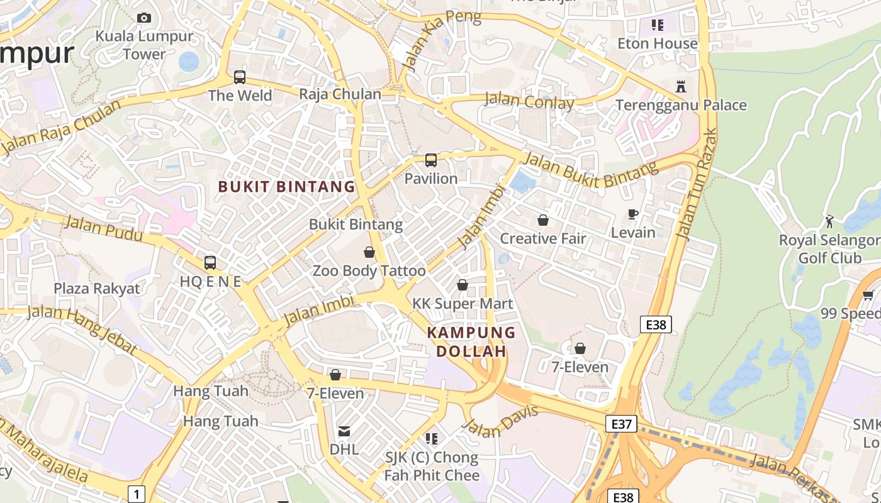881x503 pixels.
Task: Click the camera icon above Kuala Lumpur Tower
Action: pos(144,18)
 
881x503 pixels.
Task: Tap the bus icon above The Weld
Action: pos(239,77)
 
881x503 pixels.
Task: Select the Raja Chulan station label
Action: pos(340,94)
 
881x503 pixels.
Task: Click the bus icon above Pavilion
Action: pos(430,160)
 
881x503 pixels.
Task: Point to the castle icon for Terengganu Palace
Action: pos(680,87)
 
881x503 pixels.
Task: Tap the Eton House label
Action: pos(657,43)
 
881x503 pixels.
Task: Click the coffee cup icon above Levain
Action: pos(633,214)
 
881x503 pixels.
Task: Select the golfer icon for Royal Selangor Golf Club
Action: pos(829,221)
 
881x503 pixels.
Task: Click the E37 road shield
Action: pos(621,424)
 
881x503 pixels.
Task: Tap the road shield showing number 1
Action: pos(136,493)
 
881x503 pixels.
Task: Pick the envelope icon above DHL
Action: pos(344,431)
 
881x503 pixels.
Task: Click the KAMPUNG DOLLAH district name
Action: pos(471,342)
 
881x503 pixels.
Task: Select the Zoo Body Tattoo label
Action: pos(369,271)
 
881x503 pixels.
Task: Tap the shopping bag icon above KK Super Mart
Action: pos(463,285)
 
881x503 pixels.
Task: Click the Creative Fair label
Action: pos(542,239)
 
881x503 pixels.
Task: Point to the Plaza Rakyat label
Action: pos(97,289)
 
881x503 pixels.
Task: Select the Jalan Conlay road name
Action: pos(529,101)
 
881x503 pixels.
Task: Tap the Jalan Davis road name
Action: pos(501,422)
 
